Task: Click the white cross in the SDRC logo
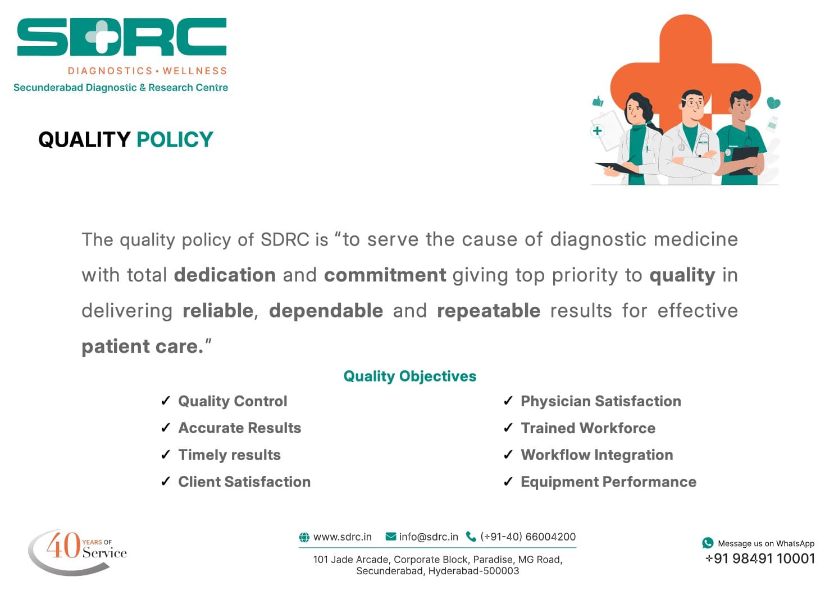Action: pos(101,37)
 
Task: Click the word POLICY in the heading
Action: pos(175,139)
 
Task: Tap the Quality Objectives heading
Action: pos(409,376)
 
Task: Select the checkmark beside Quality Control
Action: pos(166,401)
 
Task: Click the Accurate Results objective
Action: pos(239,428)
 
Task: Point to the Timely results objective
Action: pos(229,455)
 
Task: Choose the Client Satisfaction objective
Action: pos(244,482)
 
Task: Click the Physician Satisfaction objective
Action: pos(600,401)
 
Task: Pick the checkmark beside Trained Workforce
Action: pos(508,428)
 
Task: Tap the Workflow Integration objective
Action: pos(596,455)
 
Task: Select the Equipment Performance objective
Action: pos(608,482)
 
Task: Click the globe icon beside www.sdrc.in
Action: pos(304,537)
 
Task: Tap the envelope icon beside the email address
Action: pos(391,537)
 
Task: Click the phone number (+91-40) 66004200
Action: pos(527,537)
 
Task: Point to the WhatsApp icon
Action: pos(708,543)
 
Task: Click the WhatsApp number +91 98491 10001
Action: pos(760,558)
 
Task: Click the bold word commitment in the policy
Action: pos(385,275)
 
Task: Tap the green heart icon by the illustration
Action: pos(773,103)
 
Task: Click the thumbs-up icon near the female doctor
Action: pos(598,101)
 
